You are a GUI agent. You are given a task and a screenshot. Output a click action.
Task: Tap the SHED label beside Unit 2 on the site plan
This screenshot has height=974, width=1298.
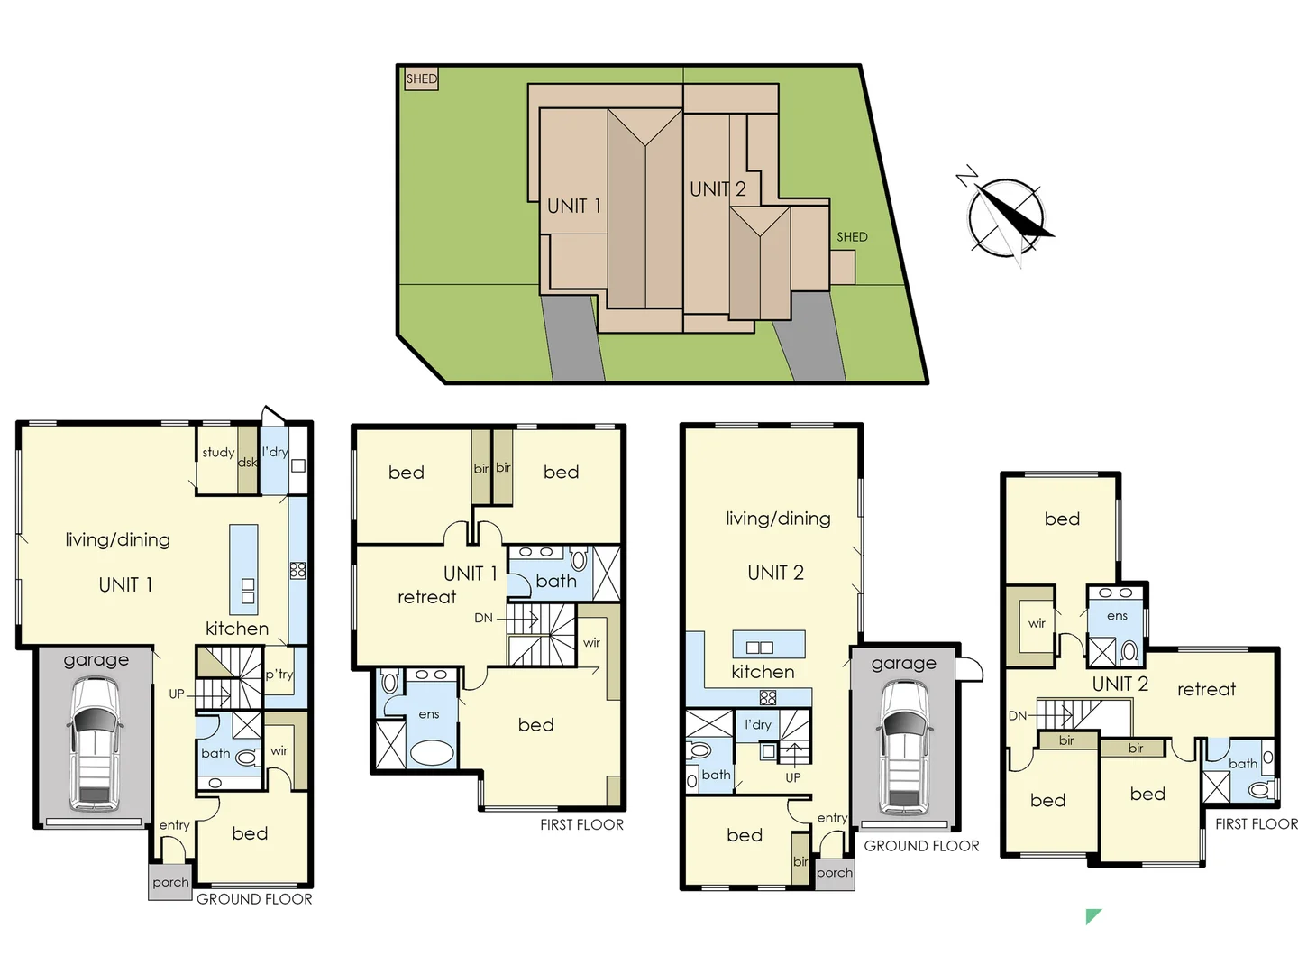pos(852,237)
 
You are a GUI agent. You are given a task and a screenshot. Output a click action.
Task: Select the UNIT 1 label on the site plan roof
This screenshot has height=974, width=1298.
pos(573,206)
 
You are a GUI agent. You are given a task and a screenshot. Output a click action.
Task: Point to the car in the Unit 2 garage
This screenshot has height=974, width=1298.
pos(903,746)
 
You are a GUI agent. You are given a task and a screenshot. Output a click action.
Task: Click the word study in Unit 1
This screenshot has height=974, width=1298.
pos(218,452)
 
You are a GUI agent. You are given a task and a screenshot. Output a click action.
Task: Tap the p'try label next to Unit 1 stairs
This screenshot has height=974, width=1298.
pos(279,674)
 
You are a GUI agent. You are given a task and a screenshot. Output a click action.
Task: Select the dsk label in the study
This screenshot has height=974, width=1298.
pos(247,462)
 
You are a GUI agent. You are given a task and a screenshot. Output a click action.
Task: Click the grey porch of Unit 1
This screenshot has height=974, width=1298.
pos(170,882)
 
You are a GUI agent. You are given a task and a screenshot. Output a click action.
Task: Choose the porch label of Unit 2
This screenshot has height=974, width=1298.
pos(834,872)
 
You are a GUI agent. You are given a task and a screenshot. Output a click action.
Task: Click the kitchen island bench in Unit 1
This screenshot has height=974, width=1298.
pos(243,569)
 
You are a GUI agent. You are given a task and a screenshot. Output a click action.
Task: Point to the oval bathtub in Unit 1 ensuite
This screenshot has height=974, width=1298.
pos(430,751)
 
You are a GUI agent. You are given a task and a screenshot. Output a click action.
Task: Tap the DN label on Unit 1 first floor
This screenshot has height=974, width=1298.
pos(483,618)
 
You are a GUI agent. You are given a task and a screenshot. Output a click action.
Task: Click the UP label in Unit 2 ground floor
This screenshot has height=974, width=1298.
pos(792,776)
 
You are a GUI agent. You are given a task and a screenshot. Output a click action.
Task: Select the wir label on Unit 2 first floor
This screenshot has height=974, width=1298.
pos(1037,623)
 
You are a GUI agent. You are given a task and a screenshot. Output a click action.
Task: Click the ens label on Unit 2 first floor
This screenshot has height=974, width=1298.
pos(1117,616)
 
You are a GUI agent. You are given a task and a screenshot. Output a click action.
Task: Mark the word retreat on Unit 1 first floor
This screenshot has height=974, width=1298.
pos(426,597)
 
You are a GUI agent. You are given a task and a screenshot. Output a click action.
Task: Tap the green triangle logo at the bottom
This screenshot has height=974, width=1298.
pos(1092,916)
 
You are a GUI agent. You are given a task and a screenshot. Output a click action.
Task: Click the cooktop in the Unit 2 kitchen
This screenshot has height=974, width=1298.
pos(767,697)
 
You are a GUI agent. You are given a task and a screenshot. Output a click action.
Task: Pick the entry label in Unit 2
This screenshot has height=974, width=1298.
pos(831,818)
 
